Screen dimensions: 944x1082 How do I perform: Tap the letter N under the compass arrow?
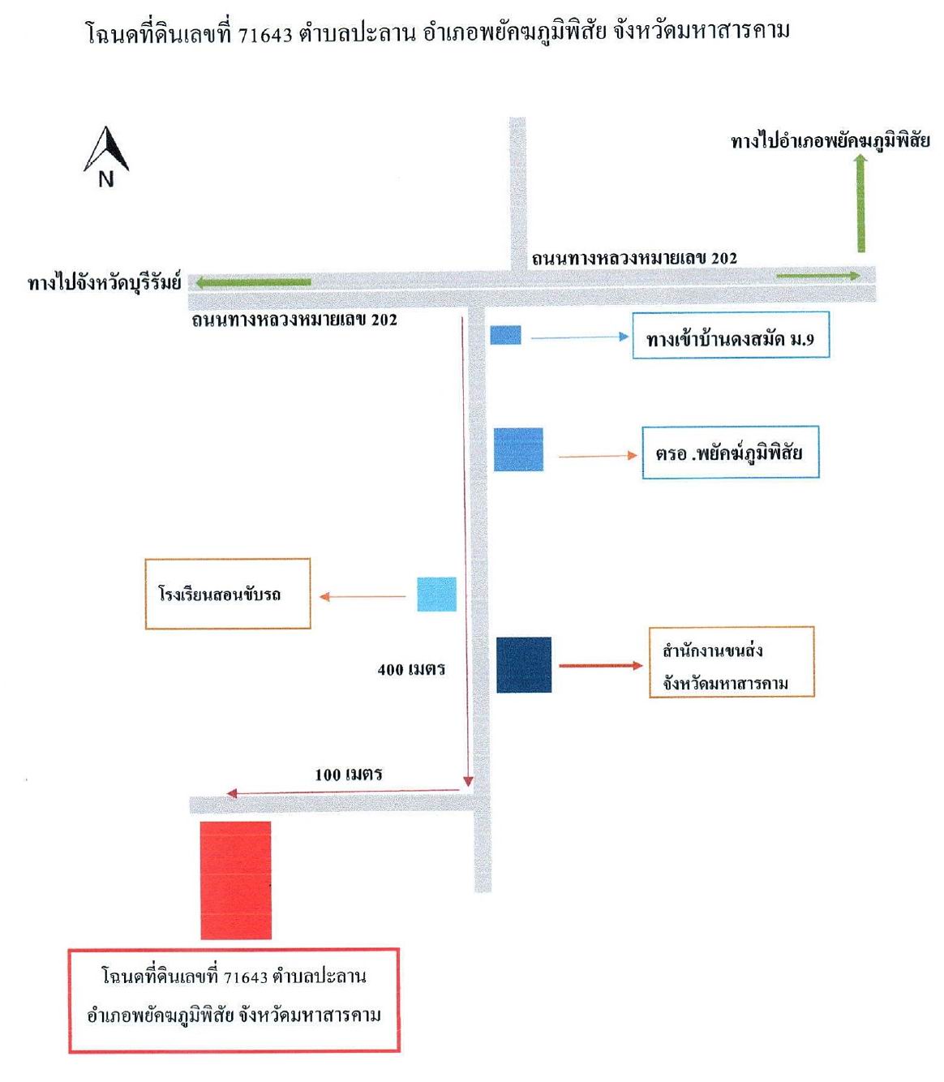pos(105,180)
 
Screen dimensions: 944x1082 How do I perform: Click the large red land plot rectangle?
pos(236,880)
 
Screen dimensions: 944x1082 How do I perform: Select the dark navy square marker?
pos(524,665)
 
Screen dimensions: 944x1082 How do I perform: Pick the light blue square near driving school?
pos(436,595)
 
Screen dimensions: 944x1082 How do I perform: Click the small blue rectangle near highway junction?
pos(505,335)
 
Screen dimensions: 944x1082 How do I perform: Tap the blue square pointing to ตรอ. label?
pos(518,449)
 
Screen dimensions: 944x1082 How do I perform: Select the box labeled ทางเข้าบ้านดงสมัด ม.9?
pos(731,335)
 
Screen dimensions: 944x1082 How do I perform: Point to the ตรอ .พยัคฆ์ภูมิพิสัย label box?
pos(731,452)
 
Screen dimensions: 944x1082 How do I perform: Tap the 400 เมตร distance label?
pos(411,669)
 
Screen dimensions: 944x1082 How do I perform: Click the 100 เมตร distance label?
pos(348,775)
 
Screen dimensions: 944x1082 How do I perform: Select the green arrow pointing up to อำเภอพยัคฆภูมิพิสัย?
pos(861,203)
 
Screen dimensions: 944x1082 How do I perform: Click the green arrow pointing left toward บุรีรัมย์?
pos(253,282)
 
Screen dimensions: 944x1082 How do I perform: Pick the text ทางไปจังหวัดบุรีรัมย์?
pos(105,282)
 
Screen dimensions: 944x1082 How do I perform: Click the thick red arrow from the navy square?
pos(601,666)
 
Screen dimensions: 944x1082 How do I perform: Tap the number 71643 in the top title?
pos(265,35)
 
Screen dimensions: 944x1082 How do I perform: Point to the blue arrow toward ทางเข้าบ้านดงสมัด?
pos(580,337)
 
